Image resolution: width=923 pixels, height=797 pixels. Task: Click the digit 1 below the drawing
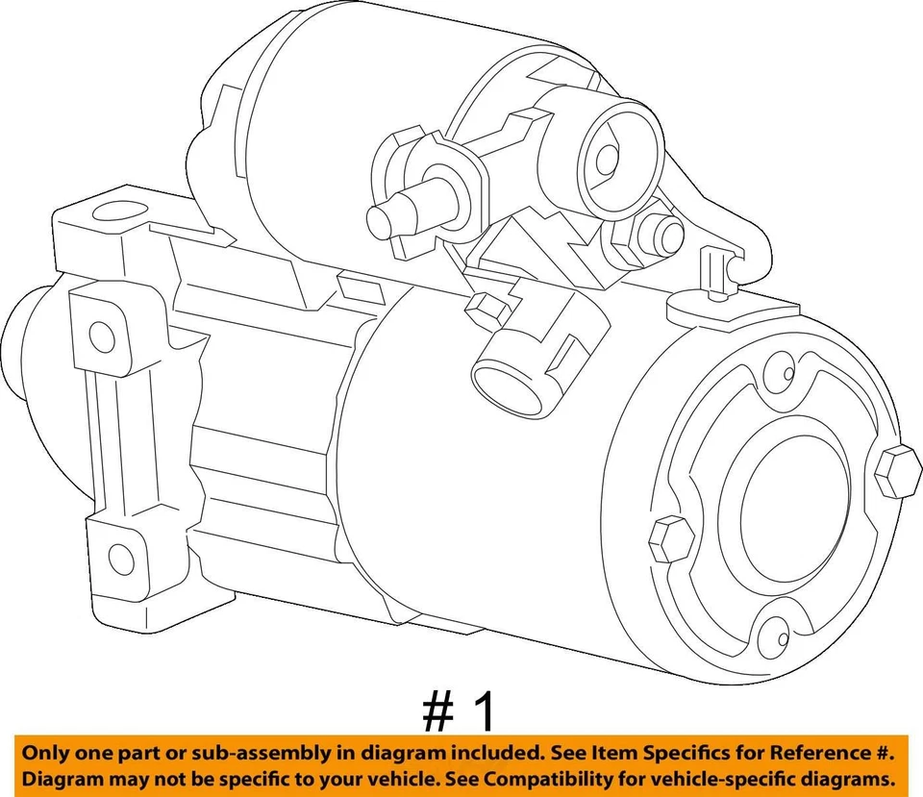(x=486, y=712)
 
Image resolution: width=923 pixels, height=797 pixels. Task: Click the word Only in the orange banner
(x=48, y=751)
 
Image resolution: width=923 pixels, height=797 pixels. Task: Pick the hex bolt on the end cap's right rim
(x=897, y=472)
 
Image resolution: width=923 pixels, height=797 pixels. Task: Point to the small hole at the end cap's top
(x=787, y=374)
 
